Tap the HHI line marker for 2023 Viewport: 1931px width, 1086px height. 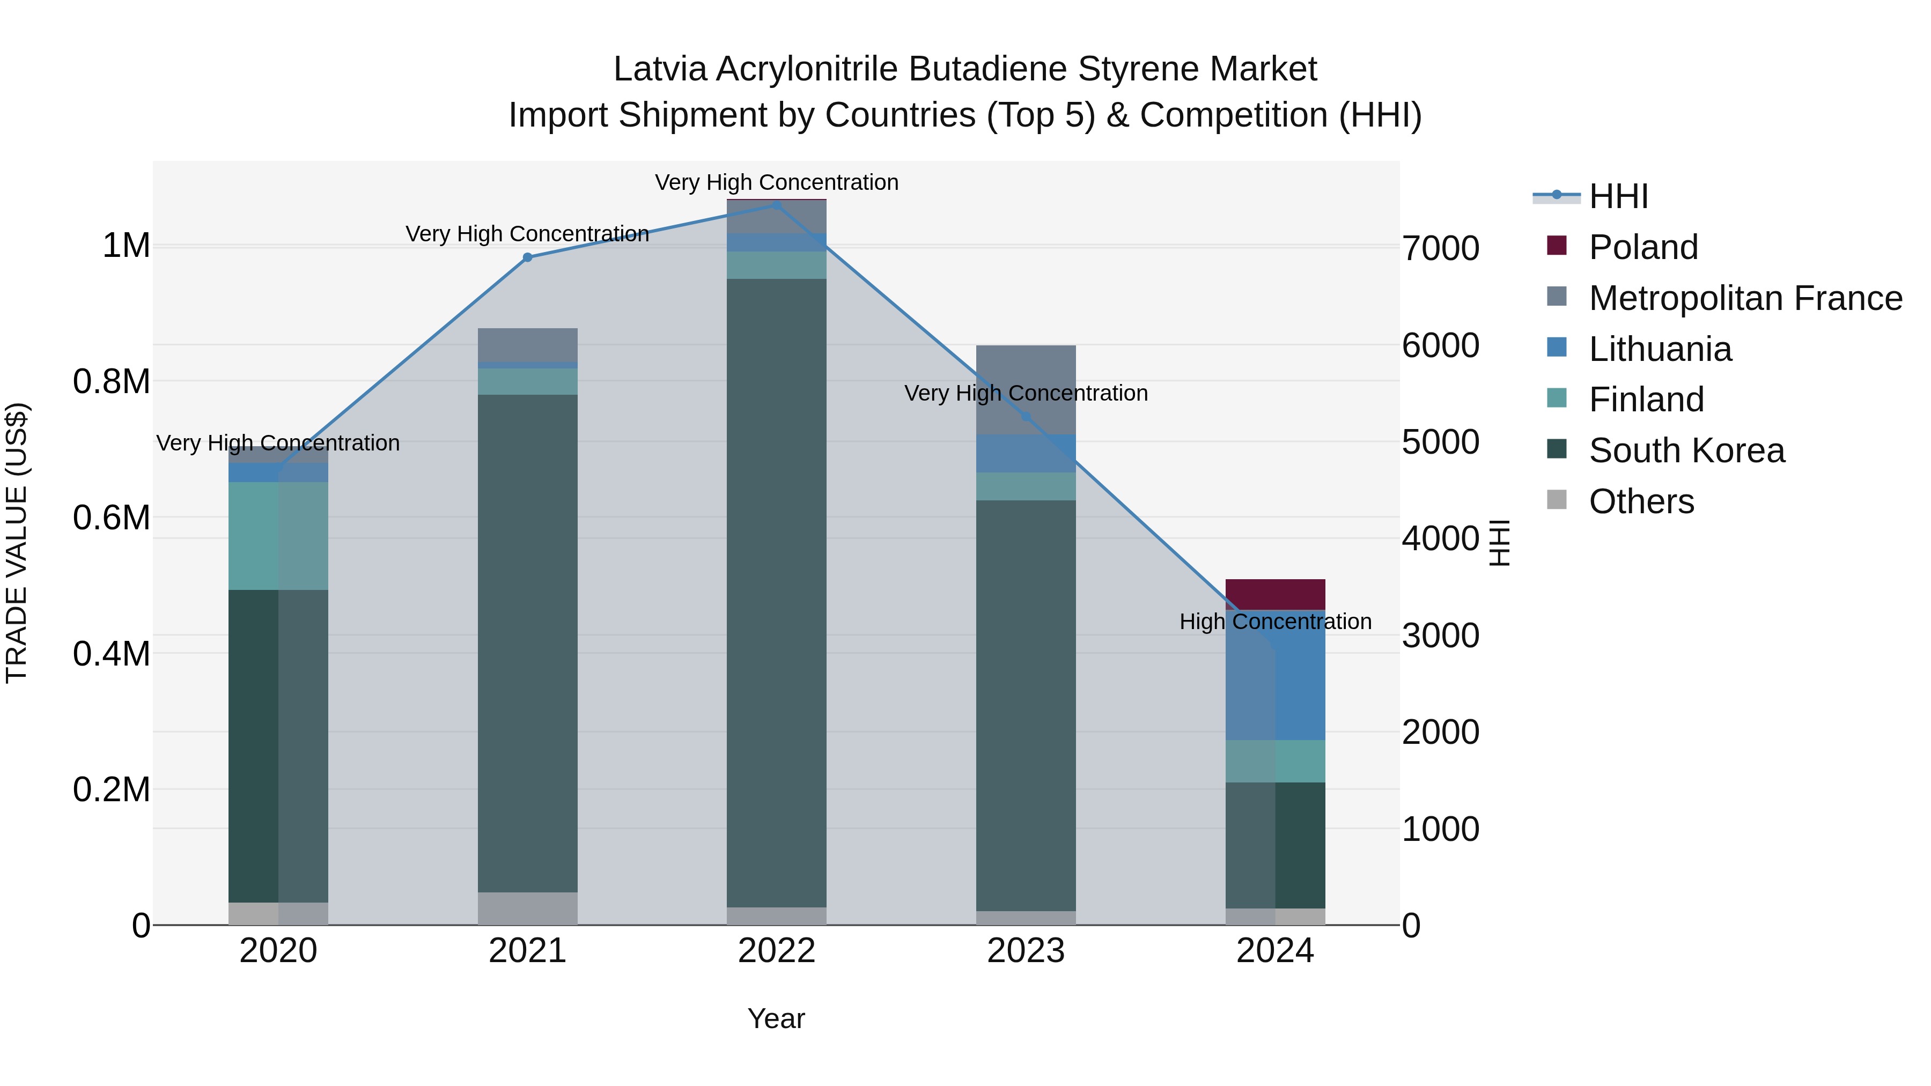pos(1026,417)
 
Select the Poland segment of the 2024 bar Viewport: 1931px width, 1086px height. pos(1275,594)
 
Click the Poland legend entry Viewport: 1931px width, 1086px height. pos(1643,247)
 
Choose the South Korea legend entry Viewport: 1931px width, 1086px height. pos(1686,450)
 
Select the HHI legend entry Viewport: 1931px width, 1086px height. pos(1618,196)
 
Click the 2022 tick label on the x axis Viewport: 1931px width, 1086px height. pos(777,951)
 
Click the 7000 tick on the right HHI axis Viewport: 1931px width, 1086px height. pos(1441,248)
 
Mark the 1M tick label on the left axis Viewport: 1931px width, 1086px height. pos(126,246)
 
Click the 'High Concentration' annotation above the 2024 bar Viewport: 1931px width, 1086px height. pos(1275,622)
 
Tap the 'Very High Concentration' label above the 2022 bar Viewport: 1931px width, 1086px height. pos(777,182)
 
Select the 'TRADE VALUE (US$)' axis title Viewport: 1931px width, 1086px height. pos(17,543)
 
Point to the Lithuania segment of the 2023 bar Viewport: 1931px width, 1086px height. pos(1026,453)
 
